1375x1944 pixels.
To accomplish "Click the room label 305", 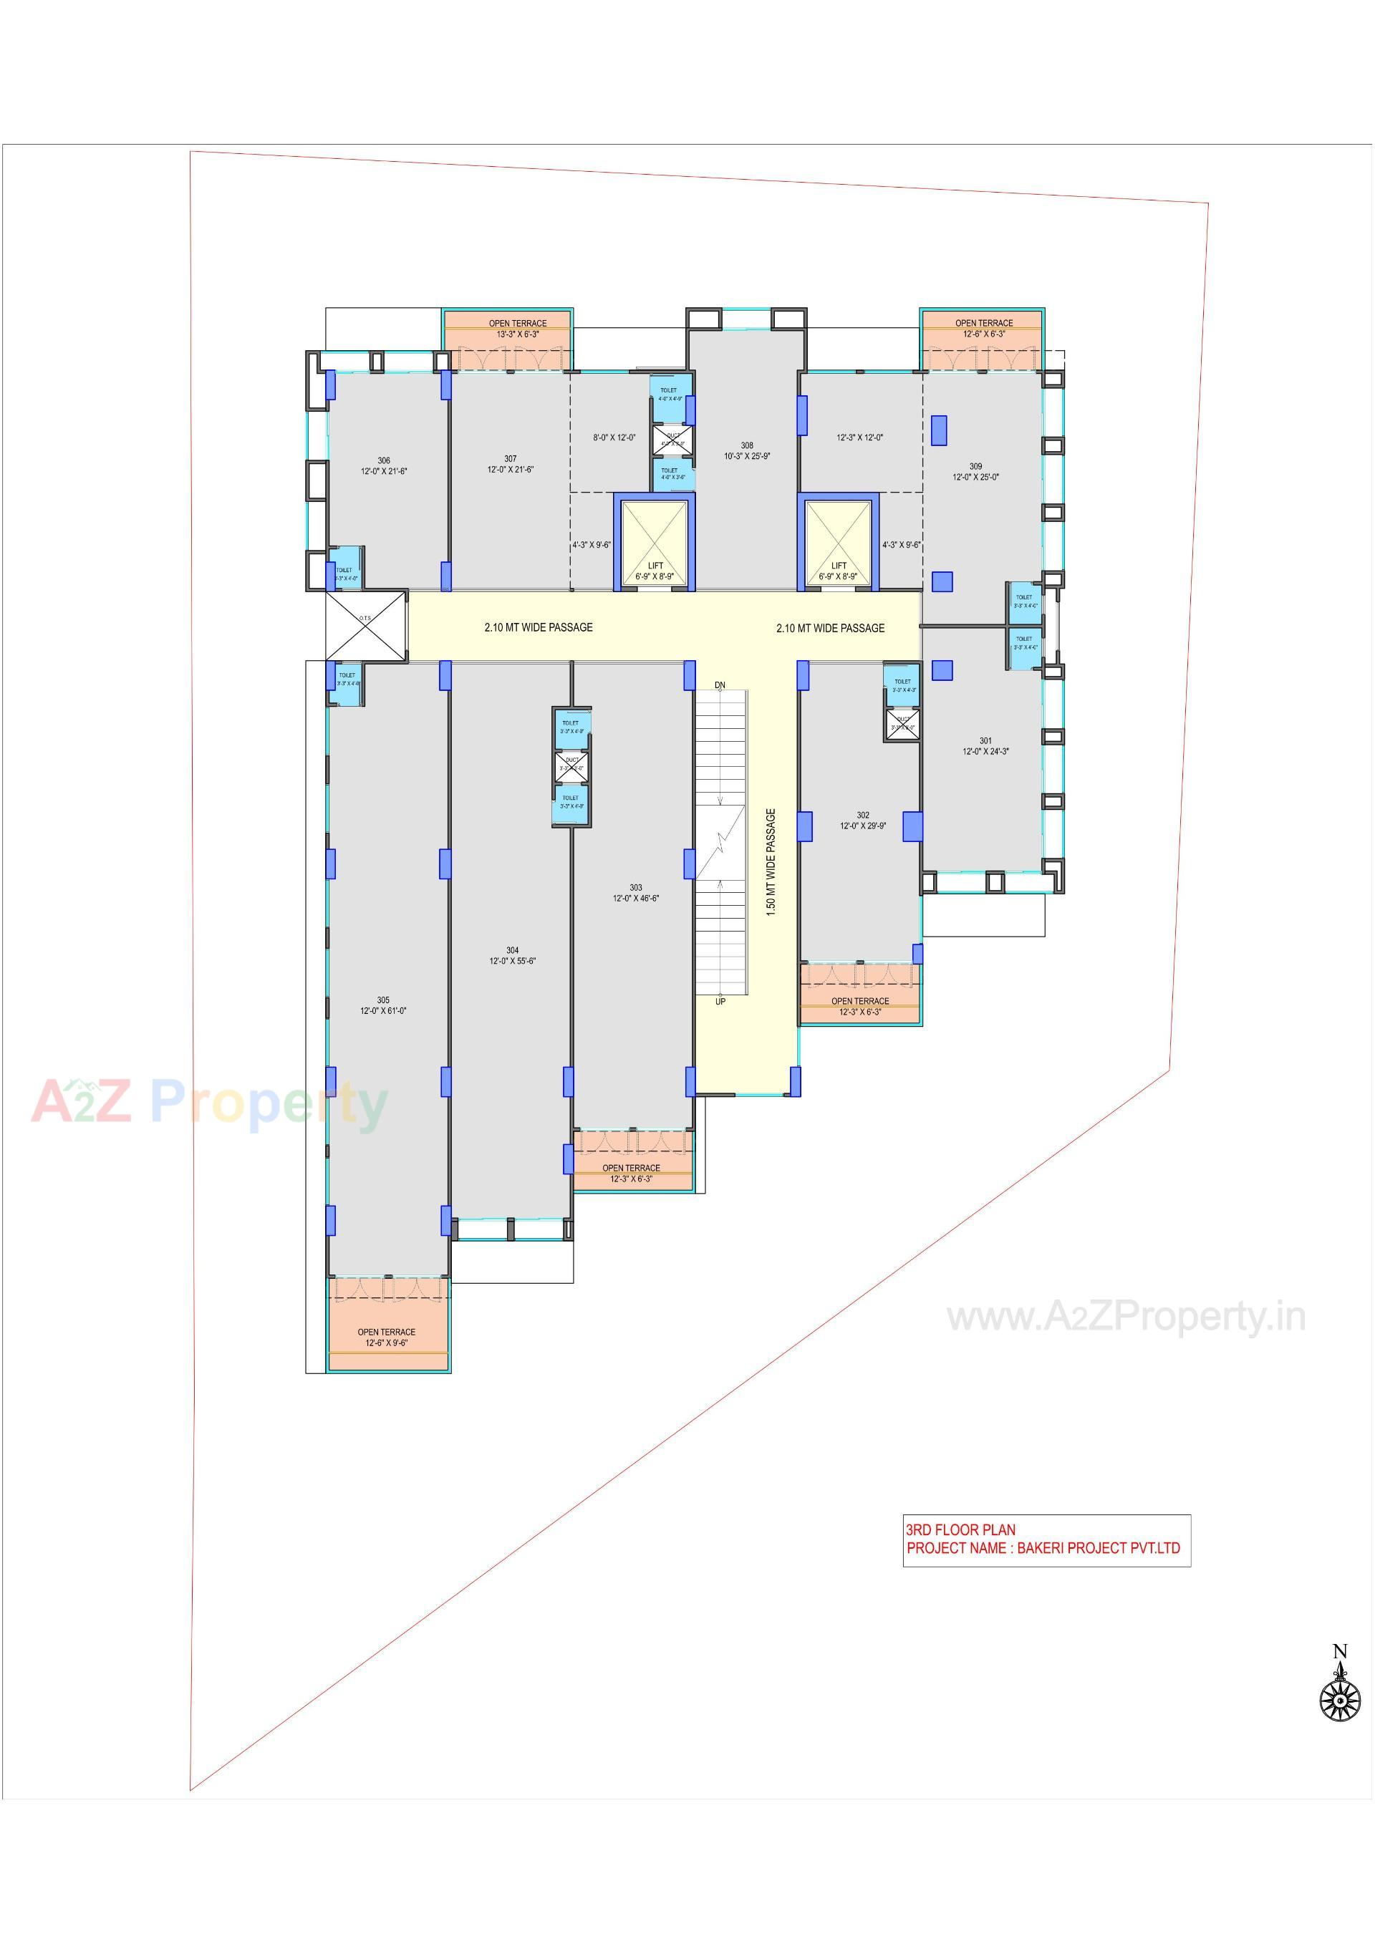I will click(x=384, y=1000).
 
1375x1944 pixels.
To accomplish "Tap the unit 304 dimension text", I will click(x=512, y=961).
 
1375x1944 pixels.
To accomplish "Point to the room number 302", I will click(x=863, y=816).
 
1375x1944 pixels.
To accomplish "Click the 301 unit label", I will click(x=985, y=740).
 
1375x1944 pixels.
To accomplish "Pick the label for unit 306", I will click(x=384, y=460).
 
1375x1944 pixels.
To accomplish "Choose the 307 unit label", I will click(x=510, y=459).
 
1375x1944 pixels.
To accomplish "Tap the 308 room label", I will click(x=747, y=445).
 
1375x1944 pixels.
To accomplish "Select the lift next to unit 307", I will click(x=655, y=542).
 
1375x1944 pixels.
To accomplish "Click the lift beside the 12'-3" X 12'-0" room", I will click(x=838, y=542).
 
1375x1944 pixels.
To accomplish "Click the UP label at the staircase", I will click(x=720, y=1002).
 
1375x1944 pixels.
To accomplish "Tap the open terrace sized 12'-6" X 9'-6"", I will click(x=386, y=1337).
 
